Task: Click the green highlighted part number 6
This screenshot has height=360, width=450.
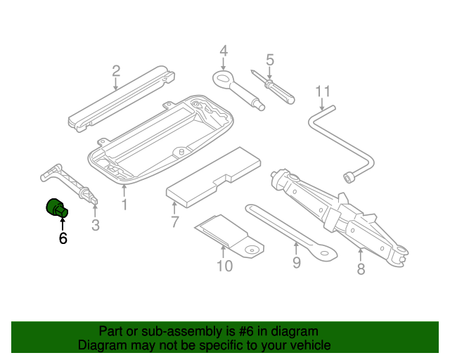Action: pyautogui.click(x=56, y=208)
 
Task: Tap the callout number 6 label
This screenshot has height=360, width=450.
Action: pyautogui.click(x=63, y=238)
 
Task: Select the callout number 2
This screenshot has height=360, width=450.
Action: pyautogui.click(x=116, y=70)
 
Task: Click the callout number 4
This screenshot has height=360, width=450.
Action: pyautogui.click(x=224, y=51)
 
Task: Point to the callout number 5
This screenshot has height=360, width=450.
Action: pyautogui.click(x=269, y=60)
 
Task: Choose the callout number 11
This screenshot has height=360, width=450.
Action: pyautogui.click(x=322, y=91)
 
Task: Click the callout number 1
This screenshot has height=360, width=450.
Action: pyautogui.click(x=124, y=205)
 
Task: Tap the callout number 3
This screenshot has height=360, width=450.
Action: pyautogui.click(x=96, y=225)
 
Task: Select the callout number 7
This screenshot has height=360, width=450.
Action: pyautogui.click(x=174, y=223)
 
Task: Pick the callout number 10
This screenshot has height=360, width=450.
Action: pyautogui.click(x=224, y=265)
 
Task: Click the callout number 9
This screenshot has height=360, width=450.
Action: pyautogui.click(x=296, y=262)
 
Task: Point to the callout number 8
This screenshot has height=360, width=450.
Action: pyautogui.click(x=361, y=268)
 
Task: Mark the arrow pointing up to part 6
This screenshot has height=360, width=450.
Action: pyautogui.click(x=63, y=224)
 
